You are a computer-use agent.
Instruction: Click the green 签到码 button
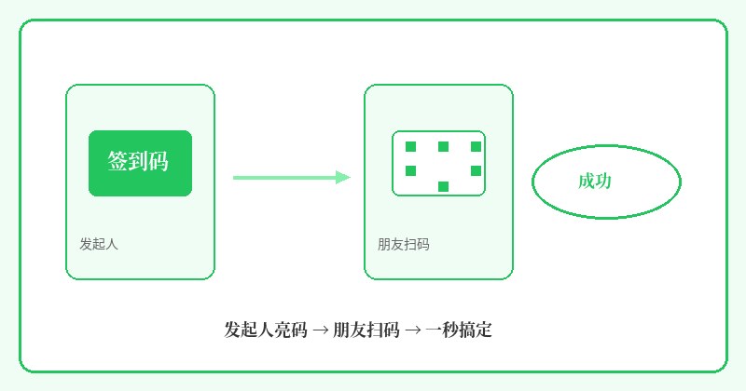(x=141, y=163)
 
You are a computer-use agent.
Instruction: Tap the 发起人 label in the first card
(x=99, y=244)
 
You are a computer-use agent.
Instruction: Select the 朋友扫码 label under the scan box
(x=404, y=244)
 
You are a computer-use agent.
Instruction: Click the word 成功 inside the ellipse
(x=595, y=181)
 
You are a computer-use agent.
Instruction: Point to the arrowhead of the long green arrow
(x=343, y=178)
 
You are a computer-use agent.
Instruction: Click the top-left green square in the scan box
(x=410, y=146)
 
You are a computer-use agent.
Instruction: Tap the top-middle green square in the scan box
(x=444, y=146)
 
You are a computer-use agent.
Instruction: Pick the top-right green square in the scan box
(x=476, y=146)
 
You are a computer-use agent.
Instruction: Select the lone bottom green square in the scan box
(x=444, y=186)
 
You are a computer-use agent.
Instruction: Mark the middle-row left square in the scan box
(x=410, y=170)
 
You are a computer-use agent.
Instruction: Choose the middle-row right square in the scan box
(x=476, y=170)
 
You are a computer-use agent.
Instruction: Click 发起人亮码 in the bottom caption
(x=266, y=330)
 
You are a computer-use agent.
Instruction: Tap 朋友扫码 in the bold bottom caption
(x=366, y=330)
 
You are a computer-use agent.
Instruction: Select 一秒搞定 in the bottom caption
(x=459, y=330)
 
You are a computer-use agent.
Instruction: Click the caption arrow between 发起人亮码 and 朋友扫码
(x=321, y=330)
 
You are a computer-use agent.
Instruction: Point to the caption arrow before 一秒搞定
(x=412, y=330)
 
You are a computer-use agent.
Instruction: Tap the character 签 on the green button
(x=117, y=160)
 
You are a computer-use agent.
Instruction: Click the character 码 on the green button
(x=159, y=160)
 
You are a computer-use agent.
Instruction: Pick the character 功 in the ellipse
(x=603, y=181)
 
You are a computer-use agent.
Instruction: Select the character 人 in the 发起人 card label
(x=112, y=244)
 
